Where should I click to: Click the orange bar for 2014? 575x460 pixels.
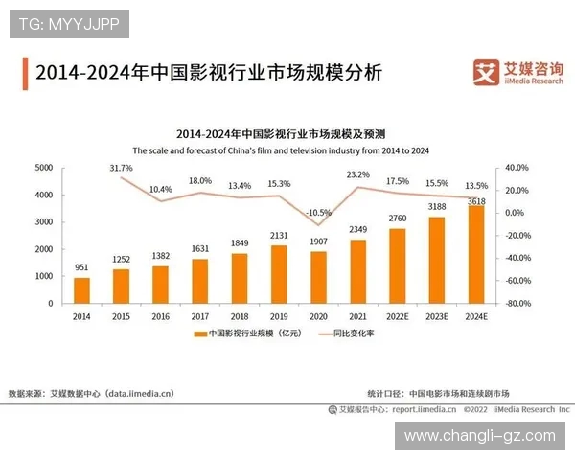[82, 289]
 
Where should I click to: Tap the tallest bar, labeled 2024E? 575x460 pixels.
[476, 254]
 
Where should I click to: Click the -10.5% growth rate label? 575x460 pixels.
[318, 213]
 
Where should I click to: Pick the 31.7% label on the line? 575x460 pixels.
[121, 168]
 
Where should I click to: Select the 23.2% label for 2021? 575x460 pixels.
[357, 174]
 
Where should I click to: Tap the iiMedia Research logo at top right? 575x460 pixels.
[517, 71]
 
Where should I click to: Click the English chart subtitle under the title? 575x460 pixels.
[281, 150]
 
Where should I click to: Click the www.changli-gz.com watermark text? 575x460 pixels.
[479, 436]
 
